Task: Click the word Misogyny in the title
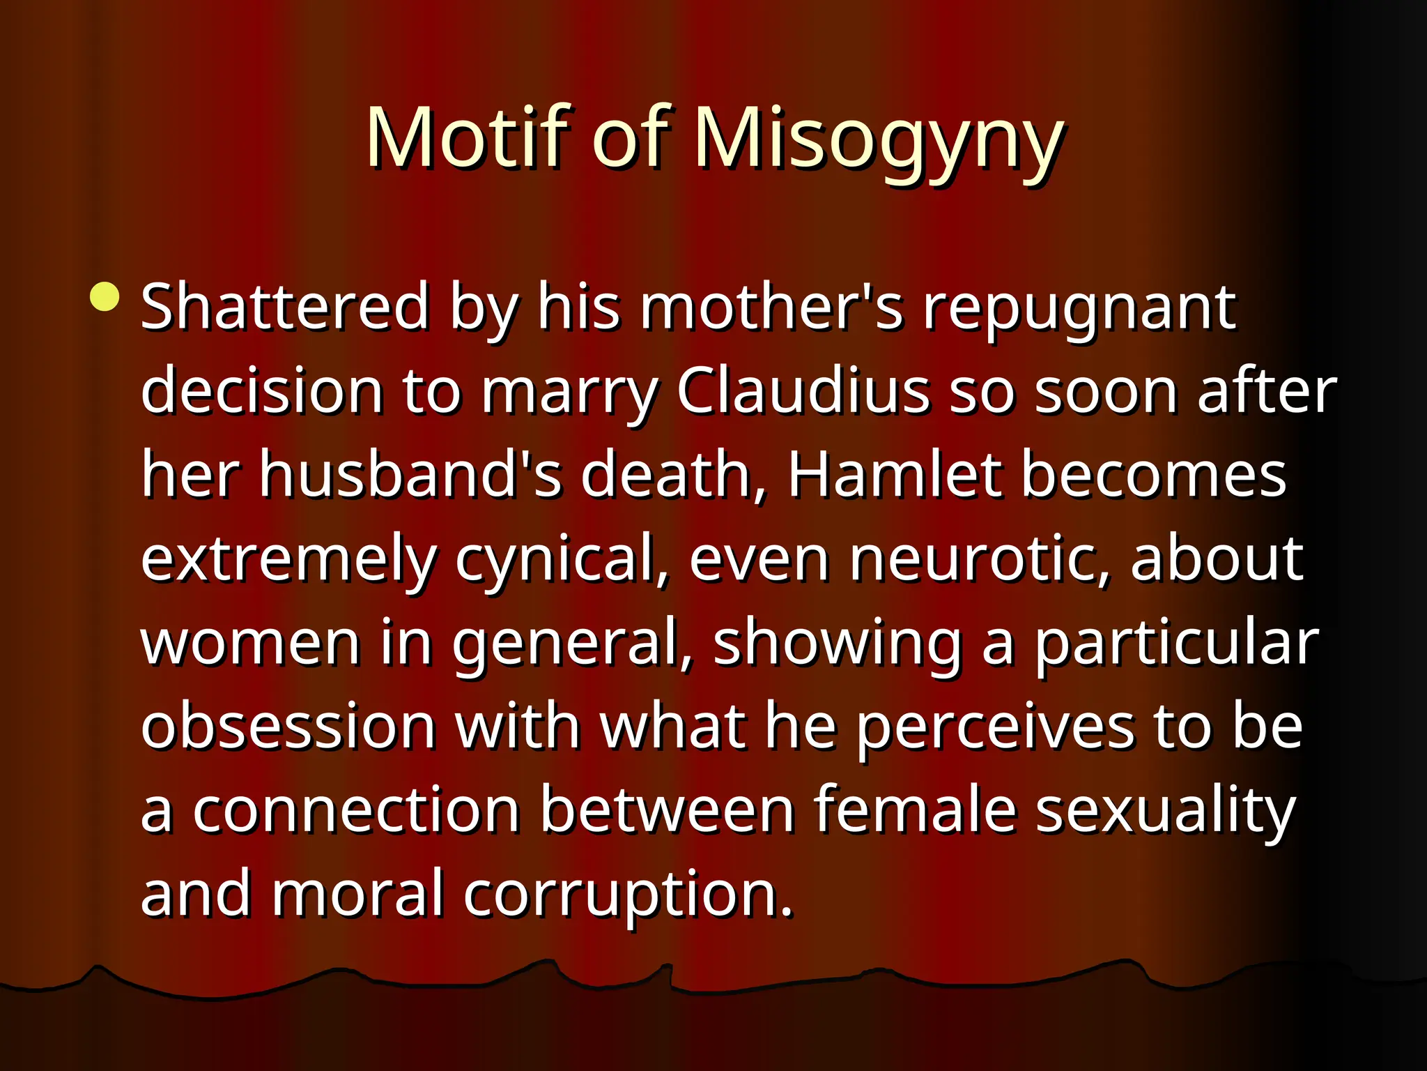click(878, 139)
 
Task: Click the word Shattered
click(284, 307)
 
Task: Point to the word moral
click(357, 894)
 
